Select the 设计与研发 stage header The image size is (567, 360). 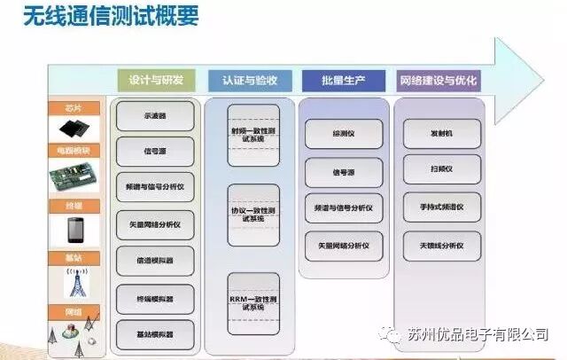157,80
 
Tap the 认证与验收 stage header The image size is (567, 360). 250,80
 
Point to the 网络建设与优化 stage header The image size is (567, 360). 439,80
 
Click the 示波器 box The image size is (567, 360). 156,116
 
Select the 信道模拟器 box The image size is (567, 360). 156,261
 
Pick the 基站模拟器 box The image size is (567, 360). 156,333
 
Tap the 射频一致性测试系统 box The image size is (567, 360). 253,136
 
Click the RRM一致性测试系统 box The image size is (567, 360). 253,303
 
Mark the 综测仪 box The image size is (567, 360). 345,134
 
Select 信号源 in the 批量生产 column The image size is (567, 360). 345,171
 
